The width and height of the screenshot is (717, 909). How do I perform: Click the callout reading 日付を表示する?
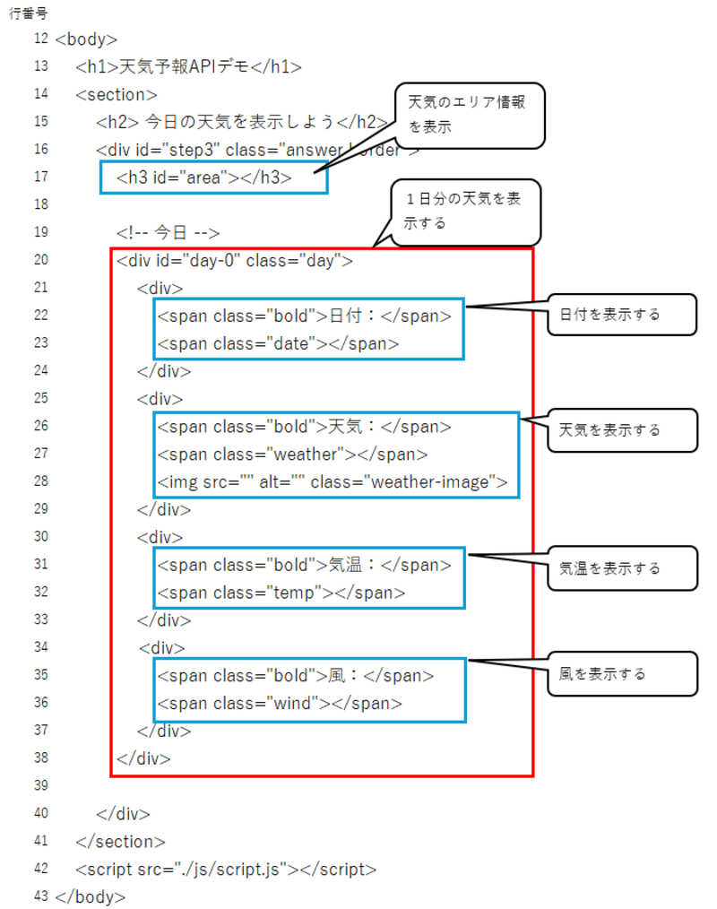point(622,315)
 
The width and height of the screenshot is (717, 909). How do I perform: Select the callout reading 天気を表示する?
point(622,430)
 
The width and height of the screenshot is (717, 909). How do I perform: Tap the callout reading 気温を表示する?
point(622,568)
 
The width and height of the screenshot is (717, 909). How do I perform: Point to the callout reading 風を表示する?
point(622,673)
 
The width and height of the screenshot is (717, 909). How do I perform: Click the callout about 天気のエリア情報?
point(470,116)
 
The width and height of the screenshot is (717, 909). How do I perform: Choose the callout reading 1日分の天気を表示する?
point(466,212)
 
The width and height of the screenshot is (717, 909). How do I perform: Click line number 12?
point(41,39)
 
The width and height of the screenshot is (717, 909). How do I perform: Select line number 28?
point(41,481)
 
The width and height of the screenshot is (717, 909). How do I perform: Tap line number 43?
point(41,896)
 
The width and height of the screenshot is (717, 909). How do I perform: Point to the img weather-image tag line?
point(333,482)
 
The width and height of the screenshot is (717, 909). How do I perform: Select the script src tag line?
point(226,870)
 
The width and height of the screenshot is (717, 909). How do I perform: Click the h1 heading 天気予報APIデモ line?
point(188,66)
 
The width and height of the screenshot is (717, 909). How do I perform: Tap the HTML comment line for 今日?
point(168,233)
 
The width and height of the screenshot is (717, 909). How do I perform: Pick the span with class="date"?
point(278,343)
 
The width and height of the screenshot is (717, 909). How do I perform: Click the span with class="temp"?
point(281,593)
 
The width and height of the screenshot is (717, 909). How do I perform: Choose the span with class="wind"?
point(280,703)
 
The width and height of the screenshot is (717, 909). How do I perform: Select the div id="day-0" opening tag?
point(234,261)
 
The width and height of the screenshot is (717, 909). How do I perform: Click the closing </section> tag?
point(121,842)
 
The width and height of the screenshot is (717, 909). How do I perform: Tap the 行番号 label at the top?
point(29,13)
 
